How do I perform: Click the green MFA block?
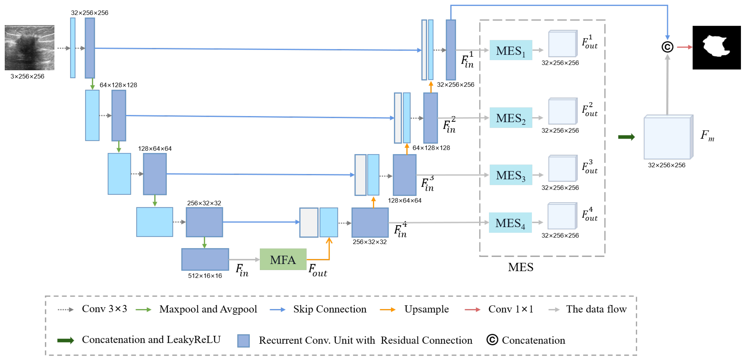click(x=283, y=259)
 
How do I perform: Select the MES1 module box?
click(x=510, y=50)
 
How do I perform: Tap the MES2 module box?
click(x=510, y=118)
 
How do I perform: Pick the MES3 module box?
click(x=510, y=175)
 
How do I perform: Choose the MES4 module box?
click(x=510, y=223)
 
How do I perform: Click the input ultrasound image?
click(x=30, y=47)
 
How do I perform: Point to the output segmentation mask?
click(x=716, y=47)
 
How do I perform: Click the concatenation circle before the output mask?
click(x=667, y=47)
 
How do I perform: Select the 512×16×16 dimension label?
click(x=205, y=276)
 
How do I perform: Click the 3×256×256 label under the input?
click(x=28, y=76)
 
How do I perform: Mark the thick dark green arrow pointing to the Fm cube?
click(x=626, y=137)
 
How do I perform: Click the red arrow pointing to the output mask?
click(x=684, y=47)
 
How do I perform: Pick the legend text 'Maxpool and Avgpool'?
click(x=208, y=309)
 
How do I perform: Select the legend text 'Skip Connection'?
click(x=330, y=309)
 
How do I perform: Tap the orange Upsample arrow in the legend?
click(x=388, y=310)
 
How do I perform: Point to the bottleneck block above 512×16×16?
click(x=205, y=259)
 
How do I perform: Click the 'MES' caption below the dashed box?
click(x=521, y=267)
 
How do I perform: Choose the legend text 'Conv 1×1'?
click(x=510, y=309)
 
